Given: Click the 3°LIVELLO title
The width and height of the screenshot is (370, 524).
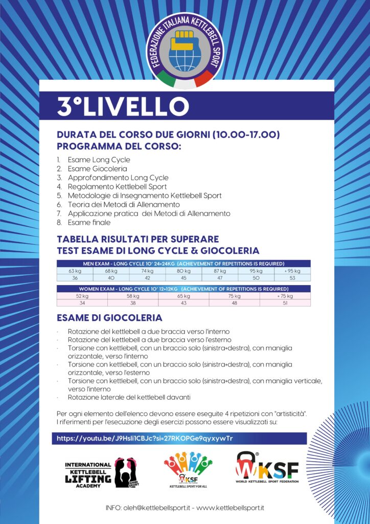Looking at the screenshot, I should tap(123, 106).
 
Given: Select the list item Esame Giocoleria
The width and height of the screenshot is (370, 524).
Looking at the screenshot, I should tap(97, 168).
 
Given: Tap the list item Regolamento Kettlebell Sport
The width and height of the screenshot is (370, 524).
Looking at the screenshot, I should tap(117, 187).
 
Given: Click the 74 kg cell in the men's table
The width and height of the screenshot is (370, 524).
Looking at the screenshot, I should tap(147, 271).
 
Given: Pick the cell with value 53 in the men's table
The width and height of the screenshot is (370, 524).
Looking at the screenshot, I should tap(292, 277).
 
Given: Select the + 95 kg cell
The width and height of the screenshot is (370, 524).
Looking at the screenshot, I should tap(292, 271).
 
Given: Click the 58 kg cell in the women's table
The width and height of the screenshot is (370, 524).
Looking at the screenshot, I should tap(133, 296).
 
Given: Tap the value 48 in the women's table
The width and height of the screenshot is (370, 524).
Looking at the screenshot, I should tap(235, 302).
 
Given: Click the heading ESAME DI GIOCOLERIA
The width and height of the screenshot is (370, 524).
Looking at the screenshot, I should tap(109, 318).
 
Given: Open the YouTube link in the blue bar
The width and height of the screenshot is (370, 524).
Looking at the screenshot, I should tap(145, 439).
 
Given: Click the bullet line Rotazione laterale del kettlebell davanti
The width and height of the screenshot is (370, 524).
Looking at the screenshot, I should tap(132, 398).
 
